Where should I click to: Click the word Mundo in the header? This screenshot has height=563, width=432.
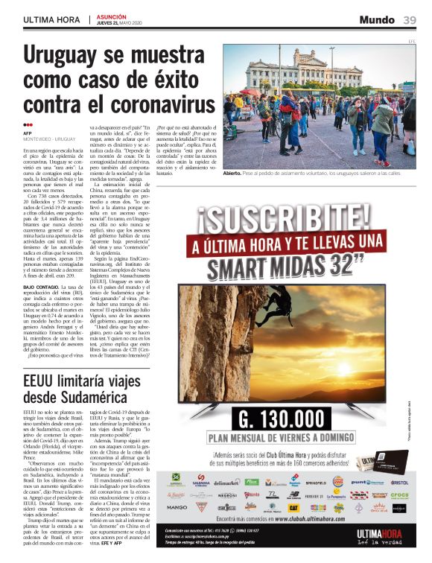tap(377, 19)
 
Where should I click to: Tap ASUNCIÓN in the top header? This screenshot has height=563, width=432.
tap(113, 16)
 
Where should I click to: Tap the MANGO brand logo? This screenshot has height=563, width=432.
tap(177, 506)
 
